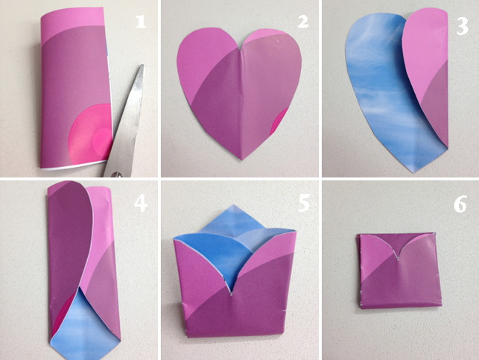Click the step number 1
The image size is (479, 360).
(x=141, y=22)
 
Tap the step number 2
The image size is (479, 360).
(x=303, y=22)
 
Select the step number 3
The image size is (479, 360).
(x=462, y=26)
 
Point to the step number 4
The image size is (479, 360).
(x=141, y=203)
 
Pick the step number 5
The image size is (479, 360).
(x=304, y=203)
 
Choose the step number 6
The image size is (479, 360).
(x=460, y=204)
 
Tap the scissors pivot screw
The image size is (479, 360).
(x=116, y=174)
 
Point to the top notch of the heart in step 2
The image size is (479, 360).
(x=241, y=49)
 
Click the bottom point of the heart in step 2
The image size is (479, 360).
(x=242, y=159)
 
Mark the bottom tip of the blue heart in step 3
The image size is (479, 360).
(x=413, y=171)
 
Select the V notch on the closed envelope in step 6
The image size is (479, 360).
(x=398, y=259)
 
